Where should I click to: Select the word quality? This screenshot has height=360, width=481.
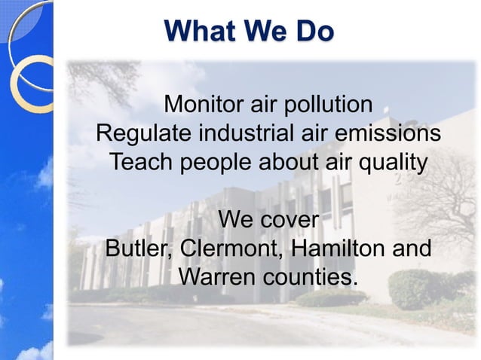pyautogui.click(x=391, y=163)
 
